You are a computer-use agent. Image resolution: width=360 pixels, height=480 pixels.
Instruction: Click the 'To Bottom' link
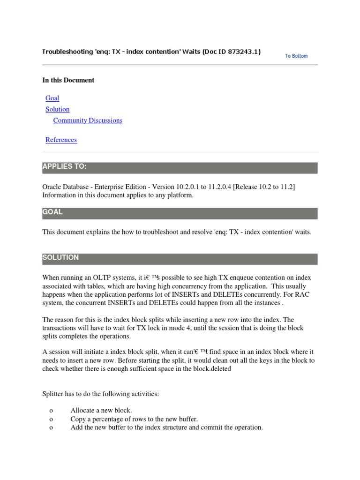coord(296,56)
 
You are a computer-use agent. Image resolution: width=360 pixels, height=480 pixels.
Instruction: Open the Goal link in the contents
coord(52,98)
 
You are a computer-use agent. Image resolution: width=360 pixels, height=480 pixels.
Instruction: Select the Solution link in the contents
coord(57,109)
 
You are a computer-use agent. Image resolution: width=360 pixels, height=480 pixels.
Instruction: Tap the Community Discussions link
coord(88,120)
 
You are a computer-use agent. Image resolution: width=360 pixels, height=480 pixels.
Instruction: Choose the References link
coord(61,140)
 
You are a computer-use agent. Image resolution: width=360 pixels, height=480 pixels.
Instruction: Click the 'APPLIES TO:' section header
coord(180,167)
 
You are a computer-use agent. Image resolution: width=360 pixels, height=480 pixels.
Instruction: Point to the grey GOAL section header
coord(180,213)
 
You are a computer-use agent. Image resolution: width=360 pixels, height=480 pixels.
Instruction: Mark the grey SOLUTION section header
coord(180,258)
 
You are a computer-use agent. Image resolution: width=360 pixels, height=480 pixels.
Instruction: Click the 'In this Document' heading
coord(68,80)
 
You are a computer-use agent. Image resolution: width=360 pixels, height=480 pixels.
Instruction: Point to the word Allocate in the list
coord(82,411)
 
